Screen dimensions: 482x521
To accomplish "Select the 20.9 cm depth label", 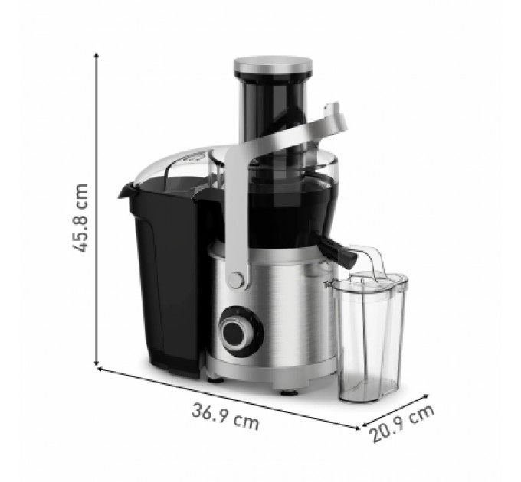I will click(403, 423).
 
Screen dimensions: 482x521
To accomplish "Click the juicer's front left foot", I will click(215, 379).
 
